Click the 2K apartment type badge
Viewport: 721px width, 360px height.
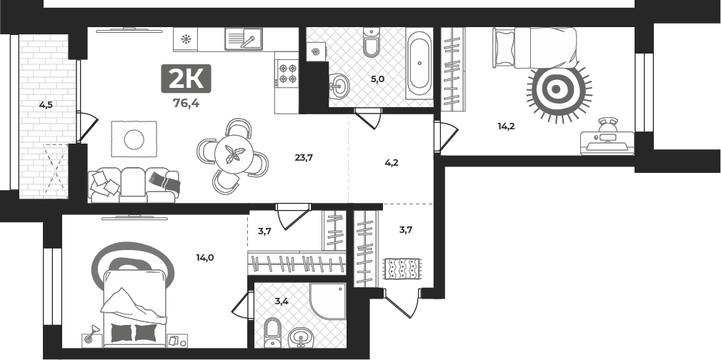click(186, 79)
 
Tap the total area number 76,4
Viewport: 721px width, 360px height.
click(186, 104)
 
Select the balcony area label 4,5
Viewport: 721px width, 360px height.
click(46, 105)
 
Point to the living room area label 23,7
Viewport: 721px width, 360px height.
click(304, 158)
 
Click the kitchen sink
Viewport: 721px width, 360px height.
click(244, 39)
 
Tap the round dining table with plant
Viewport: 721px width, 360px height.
click(233, 155)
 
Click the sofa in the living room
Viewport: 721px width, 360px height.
click(134, 185)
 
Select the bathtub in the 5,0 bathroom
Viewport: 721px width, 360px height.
click(419, 64)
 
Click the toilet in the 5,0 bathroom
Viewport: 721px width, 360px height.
click(371, 42)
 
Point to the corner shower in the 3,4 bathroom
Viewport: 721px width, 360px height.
click(328, 301)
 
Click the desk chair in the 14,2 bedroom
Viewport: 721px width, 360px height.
click(607, 126)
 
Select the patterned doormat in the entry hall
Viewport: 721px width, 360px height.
click(402, 269)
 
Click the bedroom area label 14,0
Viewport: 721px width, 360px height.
click(204, 257)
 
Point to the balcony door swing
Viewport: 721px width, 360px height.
click(87, 127)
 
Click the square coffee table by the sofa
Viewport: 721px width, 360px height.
click(134, 139)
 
